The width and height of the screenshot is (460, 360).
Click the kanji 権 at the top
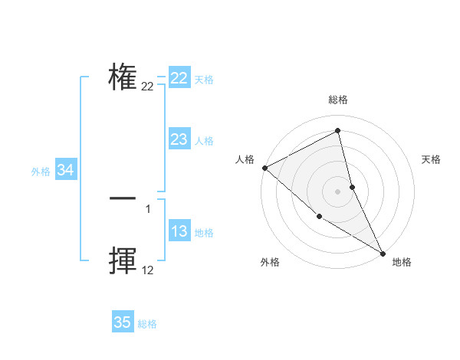(123, 77)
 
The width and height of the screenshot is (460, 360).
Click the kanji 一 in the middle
(123, 198)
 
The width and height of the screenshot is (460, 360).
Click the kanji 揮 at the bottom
(123, 260)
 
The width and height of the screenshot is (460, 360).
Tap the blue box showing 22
(179, 78)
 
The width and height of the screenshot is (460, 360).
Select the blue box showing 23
(179, 139)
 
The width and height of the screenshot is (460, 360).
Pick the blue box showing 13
(179, 232)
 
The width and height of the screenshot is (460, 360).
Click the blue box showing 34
(66, 171)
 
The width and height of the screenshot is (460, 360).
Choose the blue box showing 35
(123, 322)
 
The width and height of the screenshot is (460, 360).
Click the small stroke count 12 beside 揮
(147, 270)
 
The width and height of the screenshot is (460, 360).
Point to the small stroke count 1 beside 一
(148, 208)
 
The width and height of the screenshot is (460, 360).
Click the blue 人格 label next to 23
(204, 141)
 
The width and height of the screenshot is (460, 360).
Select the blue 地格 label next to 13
(204, 233)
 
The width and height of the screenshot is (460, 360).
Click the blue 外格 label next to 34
(41, 172)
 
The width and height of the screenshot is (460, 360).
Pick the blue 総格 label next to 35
(147, 324)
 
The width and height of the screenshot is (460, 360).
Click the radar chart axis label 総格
(338, 100)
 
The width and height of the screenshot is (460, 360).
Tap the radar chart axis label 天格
(432, 159)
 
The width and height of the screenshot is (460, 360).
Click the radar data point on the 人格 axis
(264, 168)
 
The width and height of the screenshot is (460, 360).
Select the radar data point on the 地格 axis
(383, 253)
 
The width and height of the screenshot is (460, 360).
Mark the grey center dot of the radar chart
(338, 191)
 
